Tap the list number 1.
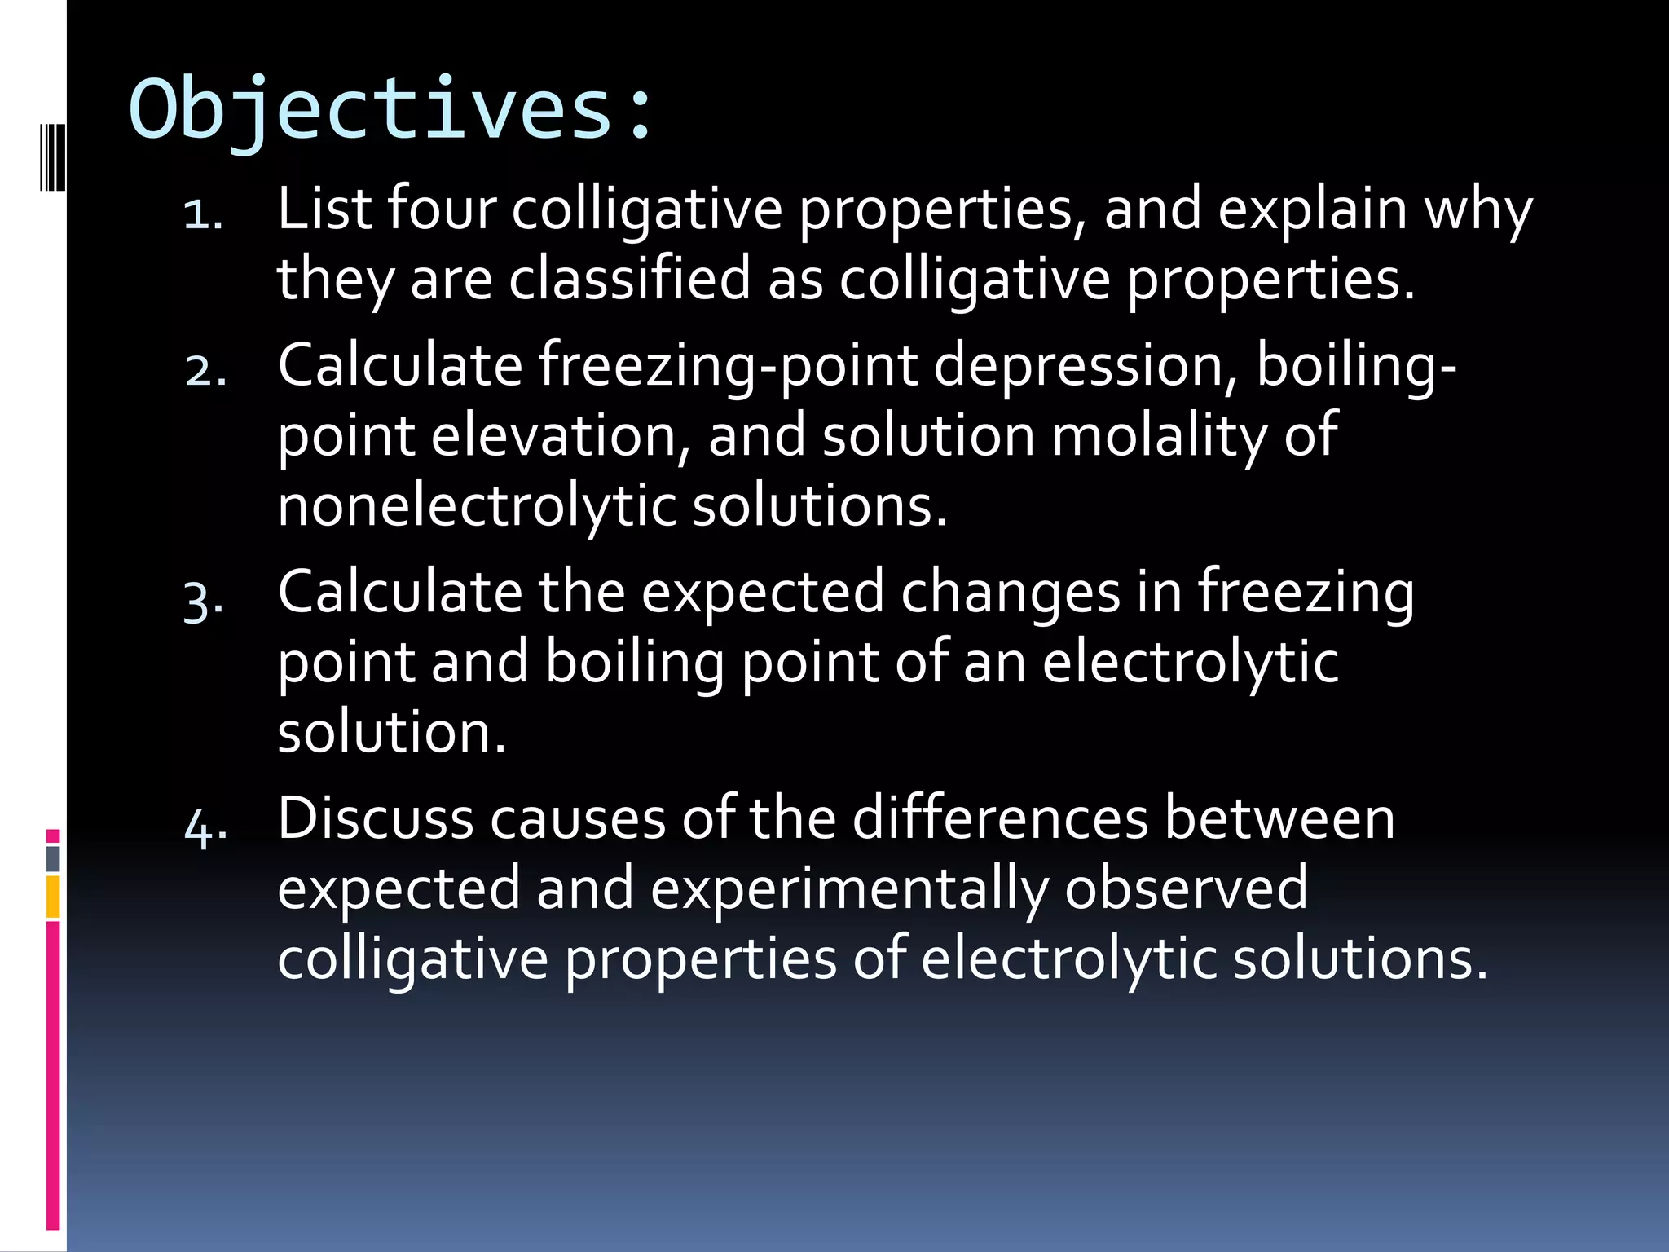[x=203, y=215]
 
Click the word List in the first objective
[x=324, y=209]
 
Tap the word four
[x=441, y=209]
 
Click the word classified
[x=629, y=279]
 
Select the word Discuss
[x=375, y=818]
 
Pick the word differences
[x=1000, y=818]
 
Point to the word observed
[x=1186, y=888]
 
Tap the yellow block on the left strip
[x=53, y=897]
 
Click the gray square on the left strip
[x=53, y=858]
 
